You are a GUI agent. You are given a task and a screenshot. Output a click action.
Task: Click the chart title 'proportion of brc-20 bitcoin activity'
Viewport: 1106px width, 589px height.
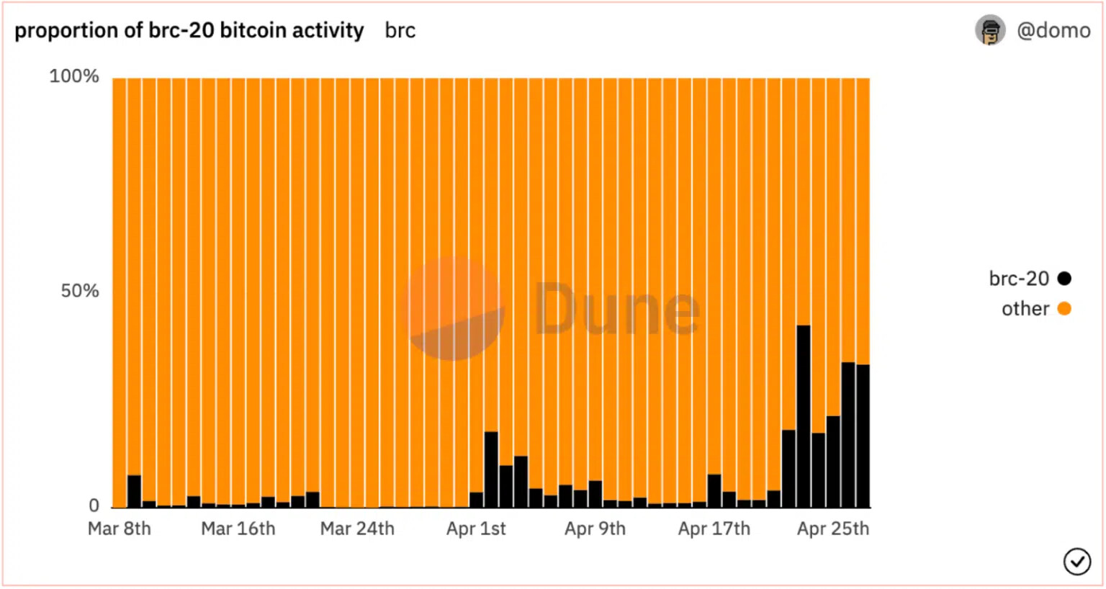click(189, 30)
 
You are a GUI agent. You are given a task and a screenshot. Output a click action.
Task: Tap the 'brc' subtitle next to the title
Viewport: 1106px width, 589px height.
click(400, 31)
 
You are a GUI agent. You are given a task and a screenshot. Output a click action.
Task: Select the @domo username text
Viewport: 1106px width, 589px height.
click(1053, 30)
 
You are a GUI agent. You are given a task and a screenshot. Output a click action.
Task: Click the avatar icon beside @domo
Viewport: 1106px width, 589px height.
click(990, 30)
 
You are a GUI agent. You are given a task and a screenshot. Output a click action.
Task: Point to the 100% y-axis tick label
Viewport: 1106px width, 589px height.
click(73, 76)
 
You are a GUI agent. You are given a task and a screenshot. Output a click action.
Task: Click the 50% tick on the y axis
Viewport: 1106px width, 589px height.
click(79, 291)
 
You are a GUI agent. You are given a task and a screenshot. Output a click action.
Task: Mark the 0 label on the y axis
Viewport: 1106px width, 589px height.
click(94, 505)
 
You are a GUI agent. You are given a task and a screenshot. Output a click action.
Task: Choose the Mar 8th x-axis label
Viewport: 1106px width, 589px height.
click(120, 529)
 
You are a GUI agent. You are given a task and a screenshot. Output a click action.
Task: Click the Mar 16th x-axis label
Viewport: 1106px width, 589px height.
click(238, 529)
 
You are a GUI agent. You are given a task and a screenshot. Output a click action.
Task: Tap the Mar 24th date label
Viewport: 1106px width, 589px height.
click(357, 529)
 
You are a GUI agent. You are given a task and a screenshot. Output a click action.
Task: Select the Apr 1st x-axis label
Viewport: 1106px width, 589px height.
click(476, 529)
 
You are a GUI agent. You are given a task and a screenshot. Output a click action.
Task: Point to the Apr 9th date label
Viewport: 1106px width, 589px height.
click(595, 529)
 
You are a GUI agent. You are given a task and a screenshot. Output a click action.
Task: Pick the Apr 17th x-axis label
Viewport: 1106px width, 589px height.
click(714, 529)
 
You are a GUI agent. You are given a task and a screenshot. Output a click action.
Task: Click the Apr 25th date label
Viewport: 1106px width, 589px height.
click(832, 529)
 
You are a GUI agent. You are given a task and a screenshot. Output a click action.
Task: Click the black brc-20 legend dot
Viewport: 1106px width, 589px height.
click(1064, 279)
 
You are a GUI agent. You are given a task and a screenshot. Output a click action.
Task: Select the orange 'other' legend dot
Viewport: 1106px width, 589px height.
click(1064, 309)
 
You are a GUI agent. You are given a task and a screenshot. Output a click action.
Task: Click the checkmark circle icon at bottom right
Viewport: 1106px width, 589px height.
click(1076, 562)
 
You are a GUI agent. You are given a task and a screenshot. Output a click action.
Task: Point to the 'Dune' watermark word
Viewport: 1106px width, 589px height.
click(616, 310)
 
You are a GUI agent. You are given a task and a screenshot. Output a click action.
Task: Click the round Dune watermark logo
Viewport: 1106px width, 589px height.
click(454, 310)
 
